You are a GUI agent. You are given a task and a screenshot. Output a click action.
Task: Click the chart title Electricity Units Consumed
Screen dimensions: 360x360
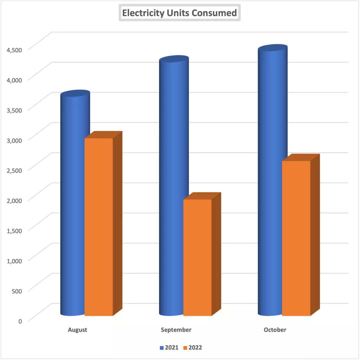pos(179,13)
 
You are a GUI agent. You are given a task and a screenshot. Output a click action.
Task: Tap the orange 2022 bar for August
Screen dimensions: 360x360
pos(99,227)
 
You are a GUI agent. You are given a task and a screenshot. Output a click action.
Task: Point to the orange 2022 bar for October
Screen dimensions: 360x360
pos(296,238)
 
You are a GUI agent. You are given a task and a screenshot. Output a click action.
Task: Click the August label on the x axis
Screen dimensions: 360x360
pos(77,330)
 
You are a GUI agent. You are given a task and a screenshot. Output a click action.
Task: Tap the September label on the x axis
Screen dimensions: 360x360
pos(176,330)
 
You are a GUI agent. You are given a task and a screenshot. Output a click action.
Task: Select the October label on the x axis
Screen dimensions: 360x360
pos(275,330)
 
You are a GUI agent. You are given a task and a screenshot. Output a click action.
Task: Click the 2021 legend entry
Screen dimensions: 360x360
pos(169,348)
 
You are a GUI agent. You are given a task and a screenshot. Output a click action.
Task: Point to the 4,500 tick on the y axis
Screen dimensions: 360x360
pos(14,50)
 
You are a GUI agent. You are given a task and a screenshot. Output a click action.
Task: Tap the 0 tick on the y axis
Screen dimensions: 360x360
pos(20,321)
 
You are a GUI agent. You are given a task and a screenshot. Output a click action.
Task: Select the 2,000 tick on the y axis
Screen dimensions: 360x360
pos(14,200)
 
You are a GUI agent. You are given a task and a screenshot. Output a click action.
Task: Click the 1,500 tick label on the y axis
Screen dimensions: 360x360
pos(14,230)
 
